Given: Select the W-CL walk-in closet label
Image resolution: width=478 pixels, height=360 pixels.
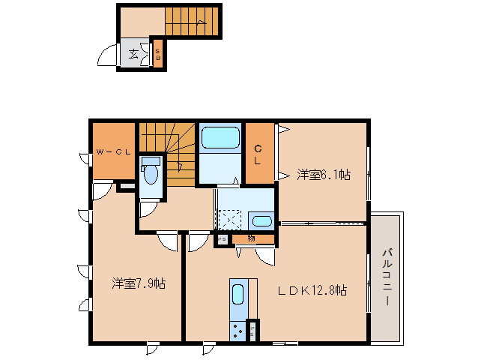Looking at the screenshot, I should point(113,152).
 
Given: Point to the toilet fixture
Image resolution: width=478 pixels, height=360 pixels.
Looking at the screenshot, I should point(151,175).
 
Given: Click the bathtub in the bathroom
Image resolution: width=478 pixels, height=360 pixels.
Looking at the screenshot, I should point(220,139).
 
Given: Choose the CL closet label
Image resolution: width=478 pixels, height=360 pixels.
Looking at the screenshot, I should point(257,154).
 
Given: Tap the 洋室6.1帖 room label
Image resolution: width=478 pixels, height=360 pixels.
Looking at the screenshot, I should point(323,175).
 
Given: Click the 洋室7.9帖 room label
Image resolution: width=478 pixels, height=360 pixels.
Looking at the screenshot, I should point(139,283).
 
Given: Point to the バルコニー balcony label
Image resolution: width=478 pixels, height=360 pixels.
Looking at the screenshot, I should point(387,276).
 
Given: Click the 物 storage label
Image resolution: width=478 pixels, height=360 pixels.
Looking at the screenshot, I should point(251,239).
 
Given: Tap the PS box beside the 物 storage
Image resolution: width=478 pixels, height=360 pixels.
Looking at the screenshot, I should point(223,240).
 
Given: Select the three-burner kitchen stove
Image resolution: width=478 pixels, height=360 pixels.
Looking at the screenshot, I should point(238,330).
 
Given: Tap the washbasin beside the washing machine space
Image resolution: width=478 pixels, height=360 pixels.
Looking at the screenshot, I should point(261,221).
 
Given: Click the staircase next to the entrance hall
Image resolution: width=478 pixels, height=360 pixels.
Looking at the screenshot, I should point(193,20).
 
